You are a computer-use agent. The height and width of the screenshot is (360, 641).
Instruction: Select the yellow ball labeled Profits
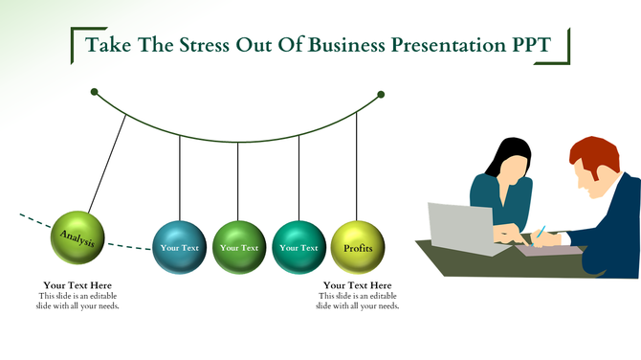[358, 247]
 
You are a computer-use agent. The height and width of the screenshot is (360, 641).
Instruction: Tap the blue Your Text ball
[180, 247]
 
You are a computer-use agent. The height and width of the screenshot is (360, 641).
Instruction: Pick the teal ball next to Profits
[298, 247]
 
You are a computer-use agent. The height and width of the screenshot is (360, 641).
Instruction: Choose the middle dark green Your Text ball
[239, 247]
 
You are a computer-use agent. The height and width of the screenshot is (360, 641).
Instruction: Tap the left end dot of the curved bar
[94, 92]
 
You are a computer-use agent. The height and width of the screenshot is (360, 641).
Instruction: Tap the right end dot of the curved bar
[381, 94]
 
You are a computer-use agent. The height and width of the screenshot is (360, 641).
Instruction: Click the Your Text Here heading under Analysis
[77, 285]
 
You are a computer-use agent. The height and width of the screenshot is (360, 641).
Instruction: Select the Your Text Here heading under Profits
[357, 285]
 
